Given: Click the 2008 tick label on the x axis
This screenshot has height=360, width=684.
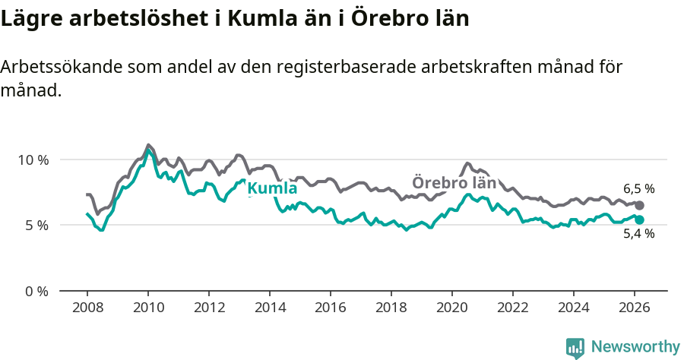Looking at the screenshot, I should click(x=87, y=308).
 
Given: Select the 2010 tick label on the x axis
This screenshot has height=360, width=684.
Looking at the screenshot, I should click(x=148, y=308).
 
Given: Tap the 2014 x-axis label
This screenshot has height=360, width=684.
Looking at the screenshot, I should click(x=270, y=308).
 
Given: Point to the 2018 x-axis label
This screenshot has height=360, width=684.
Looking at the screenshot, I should click(x=391, y=308).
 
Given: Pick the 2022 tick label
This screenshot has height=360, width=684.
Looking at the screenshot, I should click(x=513, y=308).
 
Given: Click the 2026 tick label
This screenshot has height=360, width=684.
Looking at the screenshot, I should click(x=635, y=308).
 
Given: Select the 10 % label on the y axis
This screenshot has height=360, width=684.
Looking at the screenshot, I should click(x=33, y=159).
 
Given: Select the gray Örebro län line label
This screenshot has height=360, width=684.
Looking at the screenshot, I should click(x=454, y=183).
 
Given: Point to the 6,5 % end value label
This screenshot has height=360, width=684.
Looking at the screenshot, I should click(x=638, y=189).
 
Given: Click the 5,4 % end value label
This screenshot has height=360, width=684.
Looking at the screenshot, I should click(x=638, y=234).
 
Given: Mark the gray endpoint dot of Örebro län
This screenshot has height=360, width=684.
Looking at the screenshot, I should click(x=639, y=206).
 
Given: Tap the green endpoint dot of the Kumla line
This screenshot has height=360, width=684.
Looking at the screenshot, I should click(x=639, y=219).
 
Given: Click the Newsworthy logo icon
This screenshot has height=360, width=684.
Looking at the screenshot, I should click(x=575, y=347).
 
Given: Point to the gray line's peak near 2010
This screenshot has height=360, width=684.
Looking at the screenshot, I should click(x=148, y=145).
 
